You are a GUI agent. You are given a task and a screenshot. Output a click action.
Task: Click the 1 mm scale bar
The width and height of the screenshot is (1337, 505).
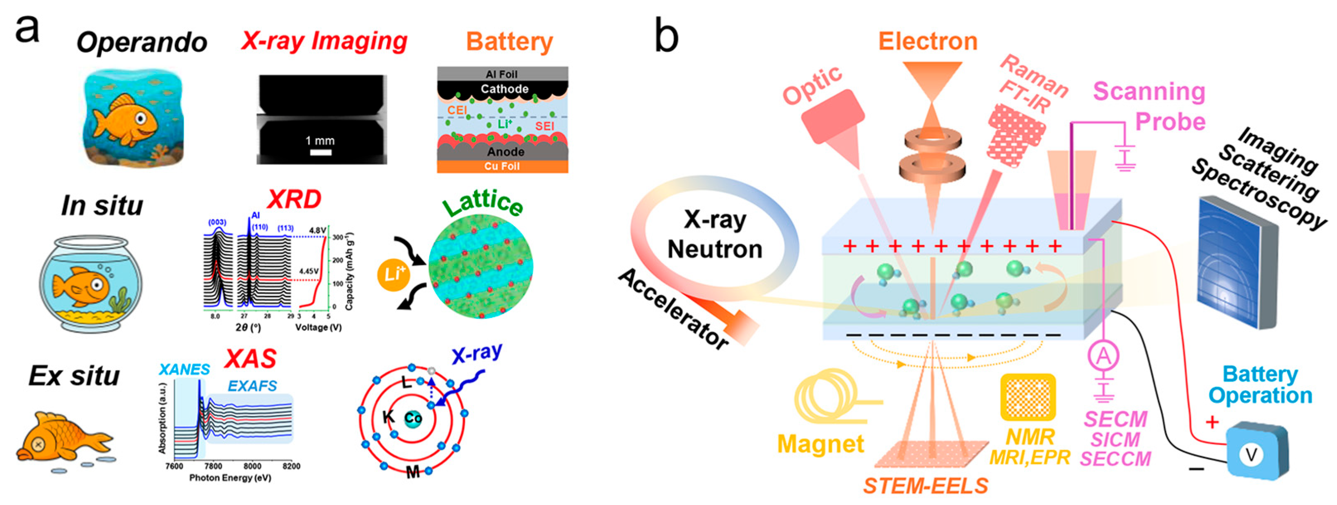[x=321, y=152]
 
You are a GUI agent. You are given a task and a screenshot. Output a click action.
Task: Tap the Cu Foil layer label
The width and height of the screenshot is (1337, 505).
[x=502, y=166]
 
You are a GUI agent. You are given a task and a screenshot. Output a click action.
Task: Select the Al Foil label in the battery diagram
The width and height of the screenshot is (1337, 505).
[x=501, y=74]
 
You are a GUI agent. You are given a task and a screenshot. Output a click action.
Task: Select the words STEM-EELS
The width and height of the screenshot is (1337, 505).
[x=926, y=485]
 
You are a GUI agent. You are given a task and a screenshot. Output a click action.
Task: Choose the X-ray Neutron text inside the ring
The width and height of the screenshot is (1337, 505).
[x=715, y=234]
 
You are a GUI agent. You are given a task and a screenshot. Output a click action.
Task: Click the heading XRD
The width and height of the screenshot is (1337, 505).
[x=294, y=199]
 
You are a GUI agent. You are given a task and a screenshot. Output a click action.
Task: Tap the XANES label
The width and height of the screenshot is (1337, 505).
[x=184, y=369]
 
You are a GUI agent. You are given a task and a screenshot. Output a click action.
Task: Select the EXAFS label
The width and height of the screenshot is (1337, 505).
[x=252, y=386]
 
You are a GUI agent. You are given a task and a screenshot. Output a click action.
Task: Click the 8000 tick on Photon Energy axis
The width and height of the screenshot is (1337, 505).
[x=252, y=466]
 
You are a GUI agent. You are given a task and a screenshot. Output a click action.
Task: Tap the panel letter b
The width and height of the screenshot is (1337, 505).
[x=666, y=35]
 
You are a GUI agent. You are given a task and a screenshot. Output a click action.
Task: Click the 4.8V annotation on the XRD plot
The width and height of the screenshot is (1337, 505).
[x=318, y=230]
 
